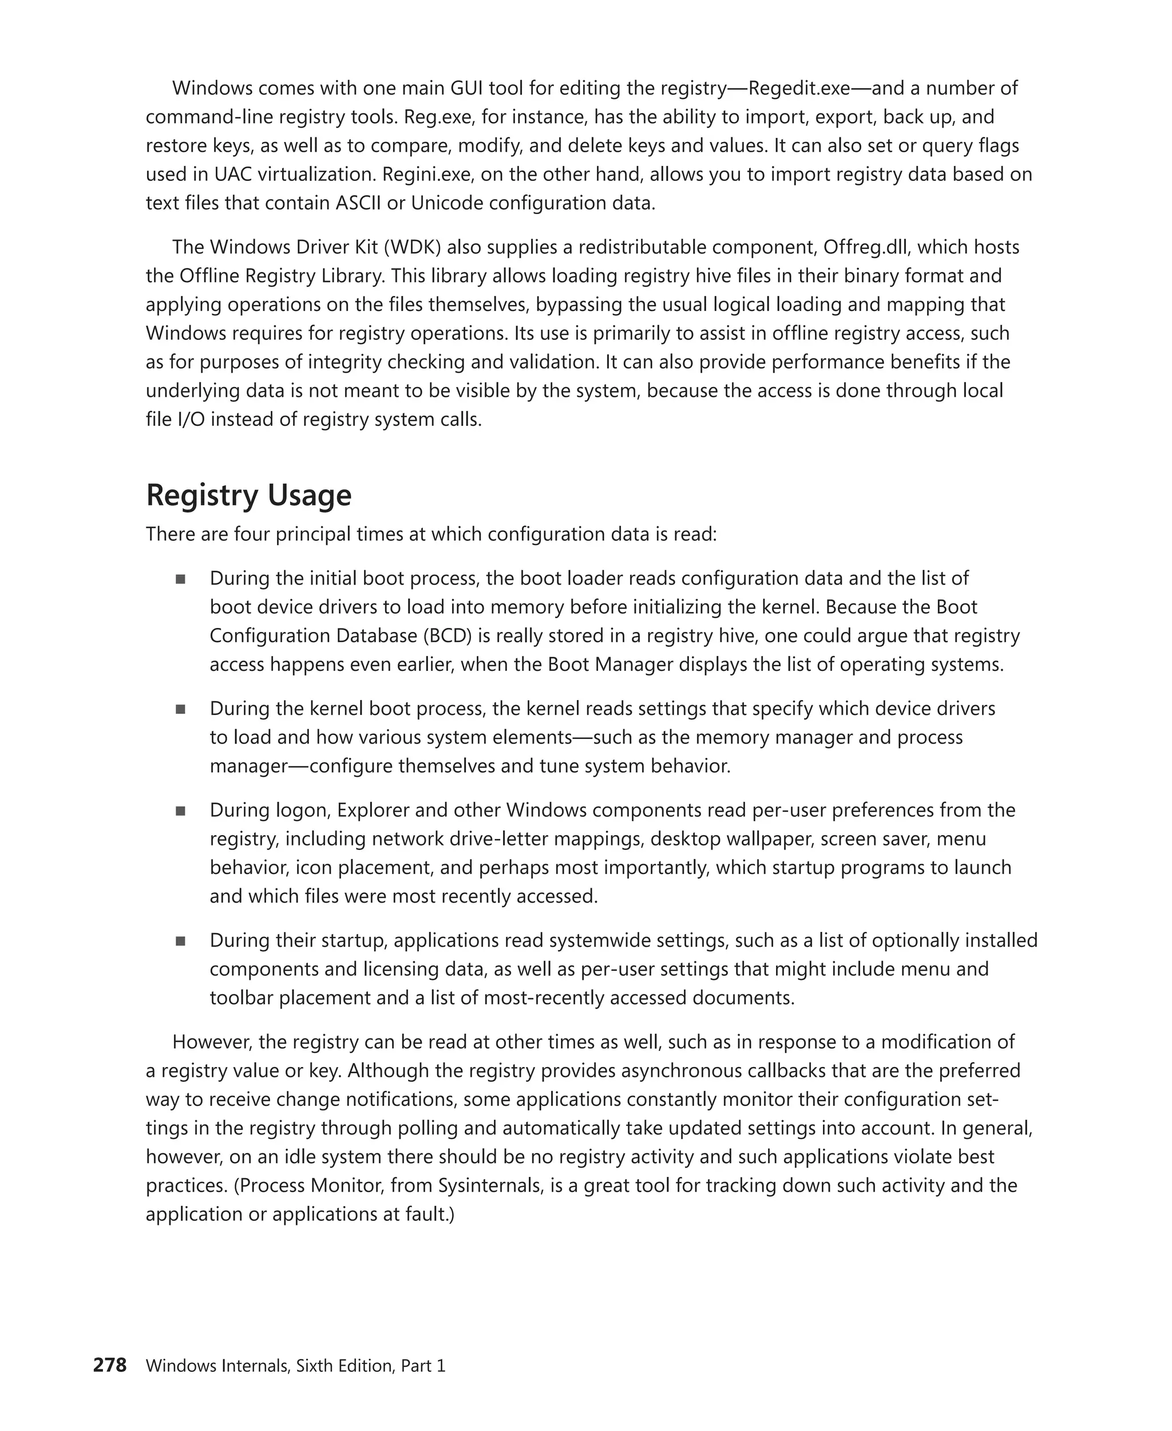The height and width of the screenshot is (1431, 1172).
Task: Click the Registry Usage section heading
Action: tap(248, 495)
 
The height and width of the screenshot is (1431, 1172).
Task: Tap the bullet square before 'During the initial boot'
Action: tap(180, 579)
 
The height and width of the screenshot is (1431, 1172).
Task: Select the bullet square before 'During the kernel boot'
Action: tap(180, 709)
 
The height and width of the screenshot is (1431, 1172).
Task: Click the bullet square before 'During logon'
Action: tap(180, 811)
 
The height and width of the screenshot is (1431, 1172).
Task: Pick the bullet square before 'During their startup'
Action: tap(180, 940)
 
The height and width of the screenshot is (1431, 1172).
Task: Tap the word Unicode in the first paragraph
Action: tap(446, 203)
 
